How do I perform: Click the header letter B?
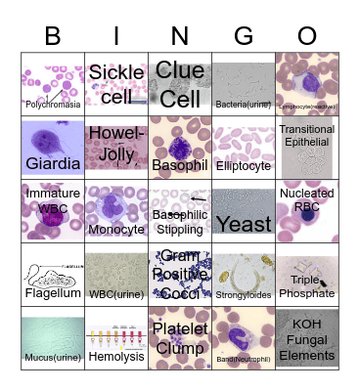coord(52,36)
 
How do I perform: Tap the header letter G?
coord(244,36)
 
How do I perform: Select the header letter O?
coord(307,36)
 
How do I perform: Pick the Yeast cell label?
coord(244,226)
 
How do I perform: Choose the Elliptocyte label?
coord(244,166)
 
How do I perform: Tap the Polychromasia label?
coord(52,102)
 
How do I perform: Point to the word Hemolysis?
coord(116,358)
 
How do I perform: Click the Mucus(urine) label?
coord(52,358)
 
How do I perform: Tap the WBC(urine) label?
coord(116,293)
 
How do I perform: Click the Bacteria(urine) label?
coord(244,102)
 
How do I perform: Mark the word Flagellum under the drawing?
coord(52,291)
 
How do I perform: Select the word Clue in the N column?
coord(180,70)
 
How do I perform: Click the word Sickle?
coord(116,72)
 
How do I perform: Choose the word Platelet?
coord(180,328)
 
